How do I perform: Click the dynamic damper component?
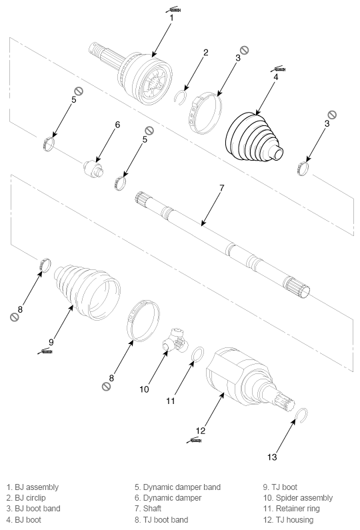[93, 168]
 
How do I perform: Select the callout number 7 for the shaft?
[222, 188]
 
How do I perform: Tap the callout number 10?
[145, 389]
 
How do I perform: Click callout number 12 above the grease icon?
[201, 431]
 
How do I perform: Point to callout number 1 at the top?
[171, 17]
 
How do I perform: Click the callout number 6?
[117, 125]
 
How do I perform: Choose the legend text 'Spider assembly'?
[304, 498]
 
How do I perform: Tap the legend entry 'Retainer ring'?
[298, 509]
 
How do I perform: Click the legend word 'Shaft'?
[153, 509]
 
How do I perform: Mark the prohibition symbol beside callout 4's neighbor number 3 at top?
[245, 50]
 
